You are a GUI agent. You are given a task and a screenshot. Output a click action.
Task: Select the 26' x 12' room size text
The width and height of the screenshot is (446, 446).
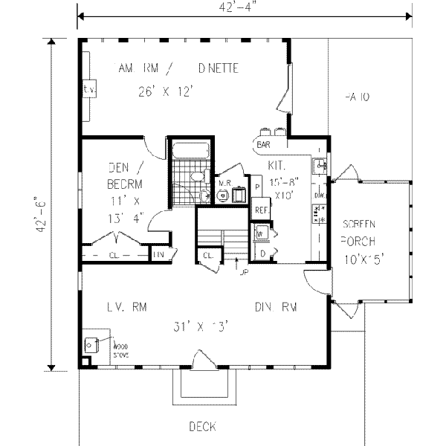166,91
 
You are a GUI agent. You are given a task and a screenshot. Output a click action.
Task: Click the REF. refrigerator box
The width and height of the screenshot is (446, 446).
261,210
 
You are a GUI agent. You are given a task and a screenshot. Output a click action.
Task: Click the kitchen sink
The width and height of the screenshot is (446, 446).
318,165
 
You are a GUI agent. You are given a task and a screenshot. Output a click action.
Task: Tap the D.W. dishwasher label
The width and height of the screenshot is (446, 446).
320,195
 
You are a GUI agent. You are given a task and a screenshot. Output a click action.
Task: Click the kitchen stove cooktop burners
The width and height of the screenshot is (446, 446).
320,216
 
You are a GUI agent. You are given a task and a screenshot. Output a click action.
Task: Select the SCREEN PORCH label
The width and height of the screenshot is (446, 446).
359,233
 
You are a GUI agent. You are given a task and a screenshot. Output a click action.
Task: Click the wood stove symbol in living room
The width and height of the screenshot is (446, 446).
91,345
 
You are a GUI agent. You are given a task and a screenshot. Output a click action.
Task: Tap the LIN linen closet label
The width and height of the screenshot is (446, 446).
158,256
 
